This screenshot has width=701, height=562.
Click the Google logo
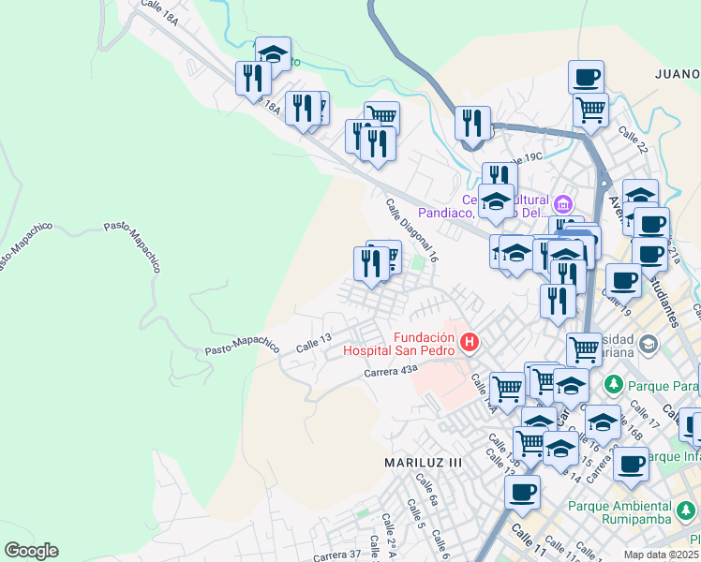tap(31, 551)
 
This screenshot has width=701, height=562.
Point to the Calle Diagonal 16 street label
tap(412, 229)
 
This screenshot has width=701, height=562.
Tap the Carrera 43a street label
tap(390, 372)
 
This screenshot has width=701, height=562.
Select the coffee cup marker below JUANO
tap(586, 77)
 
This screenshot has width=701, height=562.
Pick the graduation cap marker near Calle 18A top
tap(273, 53)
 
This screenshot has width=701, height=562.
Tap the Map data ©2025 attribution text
tap(662, 555)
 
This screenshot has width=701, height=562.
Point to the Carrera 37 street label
tap(336, 555)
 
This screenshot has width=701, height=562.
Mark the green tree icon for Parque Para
tap(614, 384)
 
